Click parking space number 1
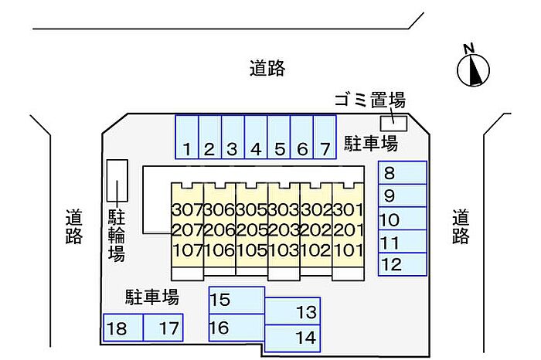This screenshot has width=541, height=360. (x=187, y=137)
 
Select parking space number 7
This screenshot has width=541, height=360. (x=325, y=137)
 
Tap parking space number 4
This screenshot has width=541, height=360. (x=257, y=137)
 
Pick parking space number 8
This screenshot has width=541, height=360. (x=402, y=173)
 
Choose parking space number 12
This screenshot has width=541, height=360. (x=402, y=265)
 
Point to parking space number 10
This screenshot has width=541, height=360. (x=402, y=219)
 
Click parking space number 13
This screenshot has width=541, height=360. (x=293, y=312)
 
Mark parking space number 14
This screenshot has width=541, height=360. (x=293, y=338)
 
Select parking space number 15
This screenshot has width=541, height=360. (x=236, y=300)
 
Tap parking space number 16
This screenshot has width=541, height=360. (x=236, y=328)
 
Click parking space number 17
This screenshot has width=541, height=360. (x=164, y=328)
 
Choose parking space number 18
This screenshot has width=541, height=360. (x=123, y=328)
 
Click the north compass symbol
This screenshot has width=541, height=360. (x=474, y=68)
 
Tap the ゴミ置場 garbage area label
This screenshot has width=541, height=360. (x=369, y=100)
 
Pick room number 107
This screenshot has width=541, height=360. (x=186, y=250)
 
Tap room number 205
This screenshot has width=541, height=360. (x=251, y=229)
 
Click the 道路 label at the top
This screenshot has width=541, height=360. (x=267, y=68)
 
